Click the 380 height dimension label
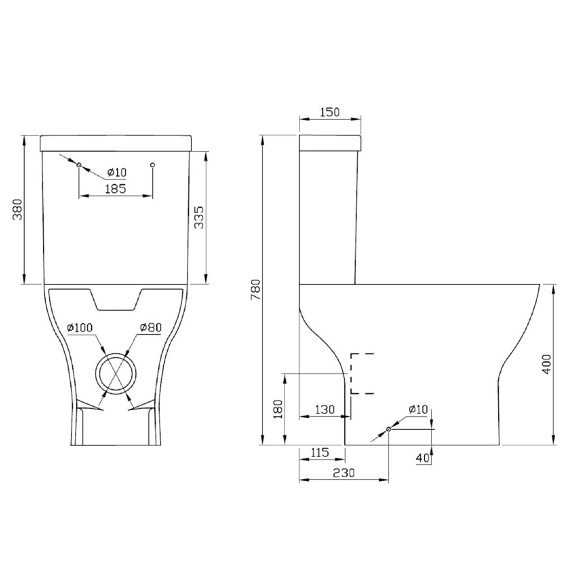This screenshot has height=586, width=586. pos(18,209)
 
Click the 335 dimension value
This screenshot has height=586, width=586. pos(200,217)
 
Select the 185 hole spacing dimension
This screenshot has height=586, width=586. pos(115,189)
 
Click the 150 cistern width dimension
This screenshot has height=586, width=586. pos(329,112)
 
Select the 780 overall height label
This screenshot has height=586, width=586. pos(255,290)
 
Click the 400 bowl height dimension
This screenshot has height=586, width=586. pos(547,363)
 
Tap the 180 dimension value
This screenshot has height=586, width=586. pos(277,410)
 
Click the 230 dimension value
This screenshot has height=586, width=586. pos(343,474)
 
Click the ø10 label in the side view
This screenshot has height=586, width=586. pos(418,409)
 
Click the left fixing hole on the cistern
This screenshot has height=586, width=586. pos(79,165)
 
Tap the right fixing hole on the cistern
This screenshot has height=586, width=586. pos(152,165)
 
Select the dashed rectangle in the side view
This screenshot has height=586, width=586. pos(362,374)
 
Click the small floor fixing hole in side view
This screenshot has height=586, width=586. pos(389,429)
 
